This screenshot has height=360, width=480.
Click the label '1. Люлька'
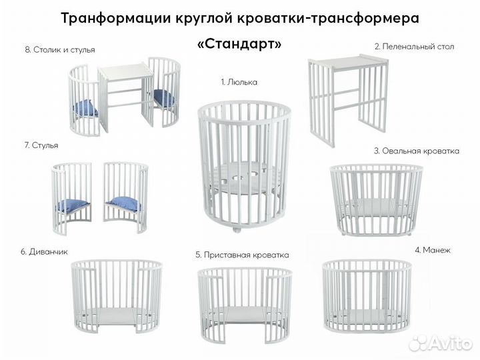tap(239, 82)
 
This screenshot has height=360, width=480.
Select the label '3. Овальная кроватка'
tap(416, 151)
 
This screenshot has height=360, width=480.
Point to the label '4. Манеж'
tap(433, 250)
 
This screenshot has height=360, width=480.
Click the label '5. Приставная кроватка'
tap(242, 255)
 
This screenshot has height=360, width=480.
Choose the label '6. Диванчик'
tap(44, 251)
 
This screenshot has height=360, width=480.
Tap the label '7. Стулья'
tap(41, 145)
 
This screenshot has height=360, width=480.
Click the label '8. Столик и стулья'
tap(60, 49)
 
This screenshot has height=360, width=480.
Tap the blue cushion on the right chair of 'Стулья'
tap(125, 203)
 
